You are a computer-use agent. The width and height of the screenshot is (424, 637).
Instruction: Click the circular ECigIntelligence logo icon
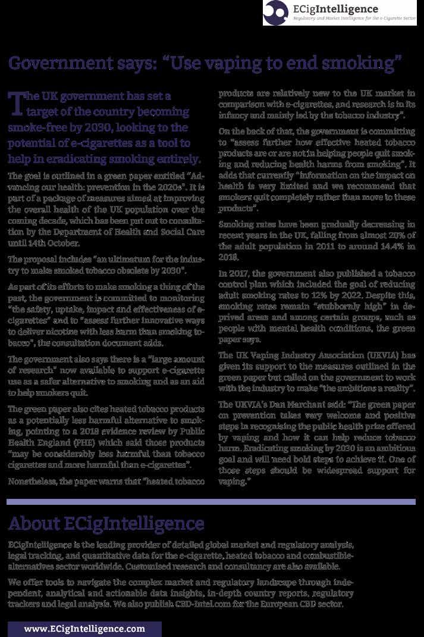click(x=277, y=11)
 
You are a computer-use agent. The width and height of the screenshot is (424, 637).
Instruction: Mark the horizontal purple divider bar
click(x=211, y=502)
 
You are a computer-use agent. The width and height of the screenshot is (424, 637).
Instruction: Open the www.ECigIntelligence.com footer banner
click(x=84, y=629)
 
